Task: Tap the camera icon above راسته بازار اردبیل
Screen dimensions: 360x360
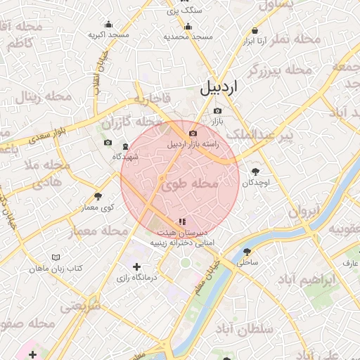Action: pyautogui.click(x=193, y=133)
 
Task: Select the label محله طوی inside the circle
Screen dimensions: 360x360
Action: pyautogui.click(x=191, y=184)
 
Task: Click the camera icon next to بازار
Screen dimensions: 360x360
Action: pyautogui.click(x=217, y=111)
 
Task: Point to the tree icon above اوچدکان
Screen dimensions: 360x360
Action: pyautogui.click(x=255, y=171)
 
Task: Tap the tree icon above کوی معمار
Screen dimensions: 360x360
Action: pyautogui.click(x=98, y=196)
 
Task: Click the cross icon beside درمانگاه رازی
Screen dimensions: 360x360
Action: pyautogui.click(x=136, y=266)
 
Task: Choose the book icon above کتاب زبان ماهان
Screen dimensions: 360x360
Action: pyautogui.click(x=56, y=257)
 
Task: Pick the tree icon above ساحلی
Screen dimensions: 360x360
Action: pyautogui.click(x=247, y=252)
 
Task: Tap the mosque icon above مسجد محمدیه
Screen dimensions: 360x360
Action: pyautogui.click(x=187, y=24)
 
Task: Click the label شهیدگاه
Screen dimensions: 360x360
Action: pyautogui.click(x=131, y=156)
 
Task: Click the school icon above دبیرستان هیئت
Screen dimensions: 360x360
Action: pyautogui.click(x=182, y=221)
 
